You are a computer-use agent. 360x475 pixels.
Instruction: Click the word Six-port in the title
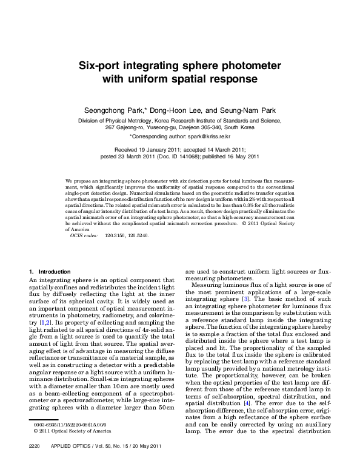pyautogui.click(x=105, y=65)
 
